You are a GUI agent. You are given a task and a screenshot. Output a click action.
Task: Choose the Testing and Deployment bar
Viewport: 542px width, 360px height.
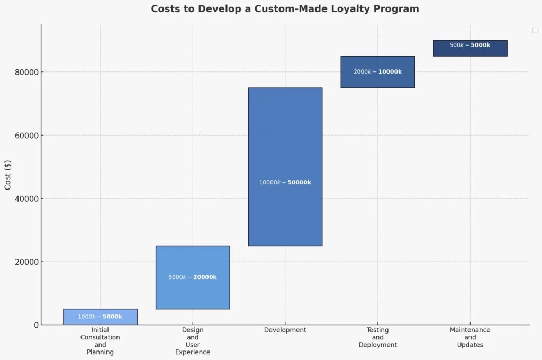click(377, 79)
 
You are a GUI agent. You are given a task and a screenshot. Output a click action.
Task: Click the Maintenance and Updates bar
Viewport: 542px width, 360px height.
click(470, 52)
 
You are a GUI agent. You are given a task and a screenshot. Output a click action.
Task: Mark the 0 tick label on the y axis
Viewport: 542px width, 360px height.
click(36, 325)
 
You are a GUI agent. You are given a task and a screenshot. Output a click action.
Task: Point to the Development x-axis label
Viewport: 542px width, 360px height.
click(285, 330)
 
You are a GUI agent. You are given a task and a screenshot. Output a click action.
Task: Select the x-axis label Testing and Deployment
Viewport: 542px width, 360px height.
click(377, 337)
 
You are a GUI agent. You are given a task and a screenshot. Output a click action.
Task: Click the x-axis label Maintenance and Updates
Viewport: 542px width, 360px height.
click(470, 337)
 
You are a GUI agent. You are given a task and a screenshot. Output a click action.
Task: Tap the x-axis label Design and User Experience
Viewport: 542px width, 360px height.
click(193, 341)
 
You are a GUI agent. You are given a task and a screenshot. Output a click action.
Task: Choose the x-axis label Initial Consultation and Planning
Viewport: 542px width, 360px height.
click(100, 341)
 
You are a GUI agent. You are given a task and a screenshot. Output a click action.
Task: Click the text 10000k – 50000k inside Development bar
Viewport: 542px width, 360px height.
click(285, 183)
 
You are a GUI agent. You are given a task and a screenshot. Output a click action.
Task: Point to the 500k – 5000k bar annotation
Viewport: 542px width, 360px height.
click(470, 46)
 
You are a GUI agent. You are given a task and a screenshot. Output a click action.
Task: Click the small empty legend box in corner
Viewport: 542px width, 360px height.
click(535, 30)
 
